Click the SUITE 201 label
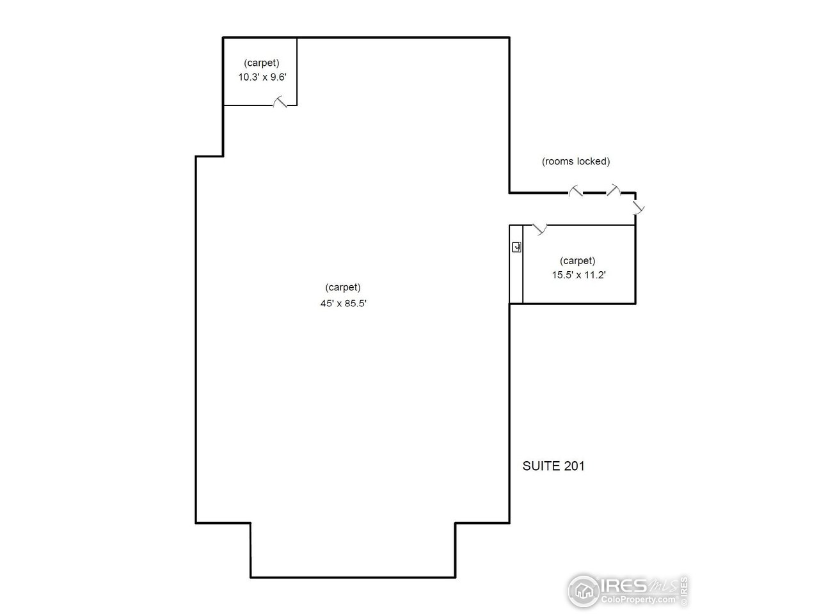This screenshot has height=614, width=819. click(553, 466)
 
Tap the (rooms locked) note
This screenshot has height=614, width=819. click(576, 161)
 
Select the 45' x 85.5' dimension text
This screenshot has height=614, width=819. click(343, 303)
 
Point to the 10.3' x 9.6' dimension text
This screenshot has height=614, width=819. click(262, 77)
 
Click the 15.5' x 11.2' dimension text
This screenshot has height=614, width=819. click(578, 275)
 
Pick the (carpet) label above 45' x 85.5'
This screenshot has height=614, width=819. click(343, 287)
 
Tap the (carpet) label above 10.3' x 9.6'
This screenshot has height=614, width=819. click(262, 63)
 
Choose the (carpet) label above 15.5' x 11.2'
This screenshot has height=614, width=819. click(577, 260)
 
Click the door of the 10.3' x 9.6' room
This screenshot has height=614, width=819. click(280, 102)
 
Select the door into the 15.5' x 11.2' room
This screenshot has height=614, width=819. click(539, 229)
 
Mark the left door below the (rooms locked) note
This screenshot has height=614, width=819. click(575, 191)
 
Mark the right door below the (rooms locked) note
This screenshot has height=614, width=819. click(614, 190)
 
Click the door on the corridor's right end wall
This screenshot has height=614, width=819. click(639, 207)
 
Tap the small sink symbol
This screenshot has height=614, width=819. click(516, 247)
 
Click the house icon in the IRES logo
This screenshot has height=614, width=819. click(584, 590)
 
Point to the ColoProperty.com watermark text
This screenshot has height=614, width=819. click(638, 599)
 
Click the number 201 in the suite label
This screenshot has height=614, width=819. click(574, 466)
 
